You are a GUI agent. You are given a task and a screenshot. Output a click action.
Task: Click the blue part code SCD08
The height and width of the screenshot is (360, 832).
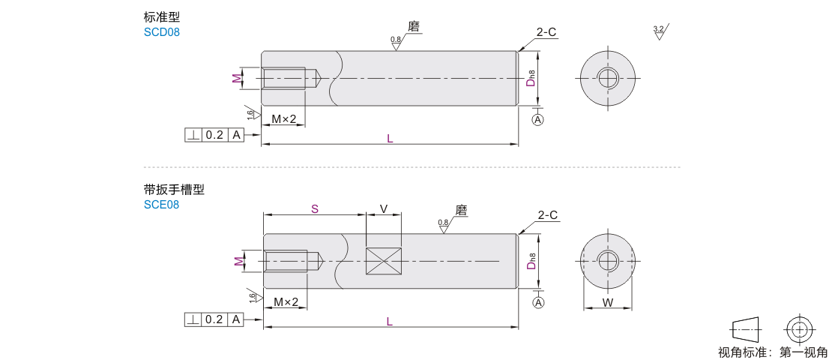coord(162,32)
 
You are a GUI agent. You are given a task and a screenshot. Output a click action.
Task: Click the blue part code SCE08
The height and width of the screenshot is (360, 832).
coord(161,205)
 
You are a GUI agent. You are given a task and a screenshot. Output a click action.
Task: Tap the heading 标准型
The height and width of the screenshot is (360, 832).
coord(162,16)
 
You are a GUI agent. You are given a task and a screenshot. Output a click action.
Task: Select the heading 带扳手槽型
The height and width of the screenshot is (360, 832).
coord(174,189)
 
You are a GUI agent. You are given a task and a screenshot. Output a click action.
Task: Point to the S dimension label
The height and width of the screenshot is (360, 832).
coord(315,208)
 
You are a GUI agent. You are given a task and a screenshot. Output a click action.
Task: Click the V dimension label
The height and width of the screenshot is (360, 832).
coord(384,208)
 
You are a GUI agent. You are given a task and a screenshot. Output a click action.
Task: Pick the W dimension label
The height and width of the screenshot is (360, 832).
coord(608,303)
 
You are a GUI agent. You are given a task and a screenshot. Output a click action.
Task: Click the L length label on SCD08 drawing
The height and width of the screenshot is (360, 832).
coord(390,139)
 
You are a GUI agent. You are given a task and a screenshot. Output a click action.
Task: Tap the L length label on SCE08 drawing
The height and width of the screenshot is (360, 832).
coord(390,322)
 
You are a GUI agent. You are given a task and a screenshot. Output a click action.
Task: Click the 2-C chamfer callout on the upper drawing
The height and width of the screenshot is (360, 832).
coord(546,32)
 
